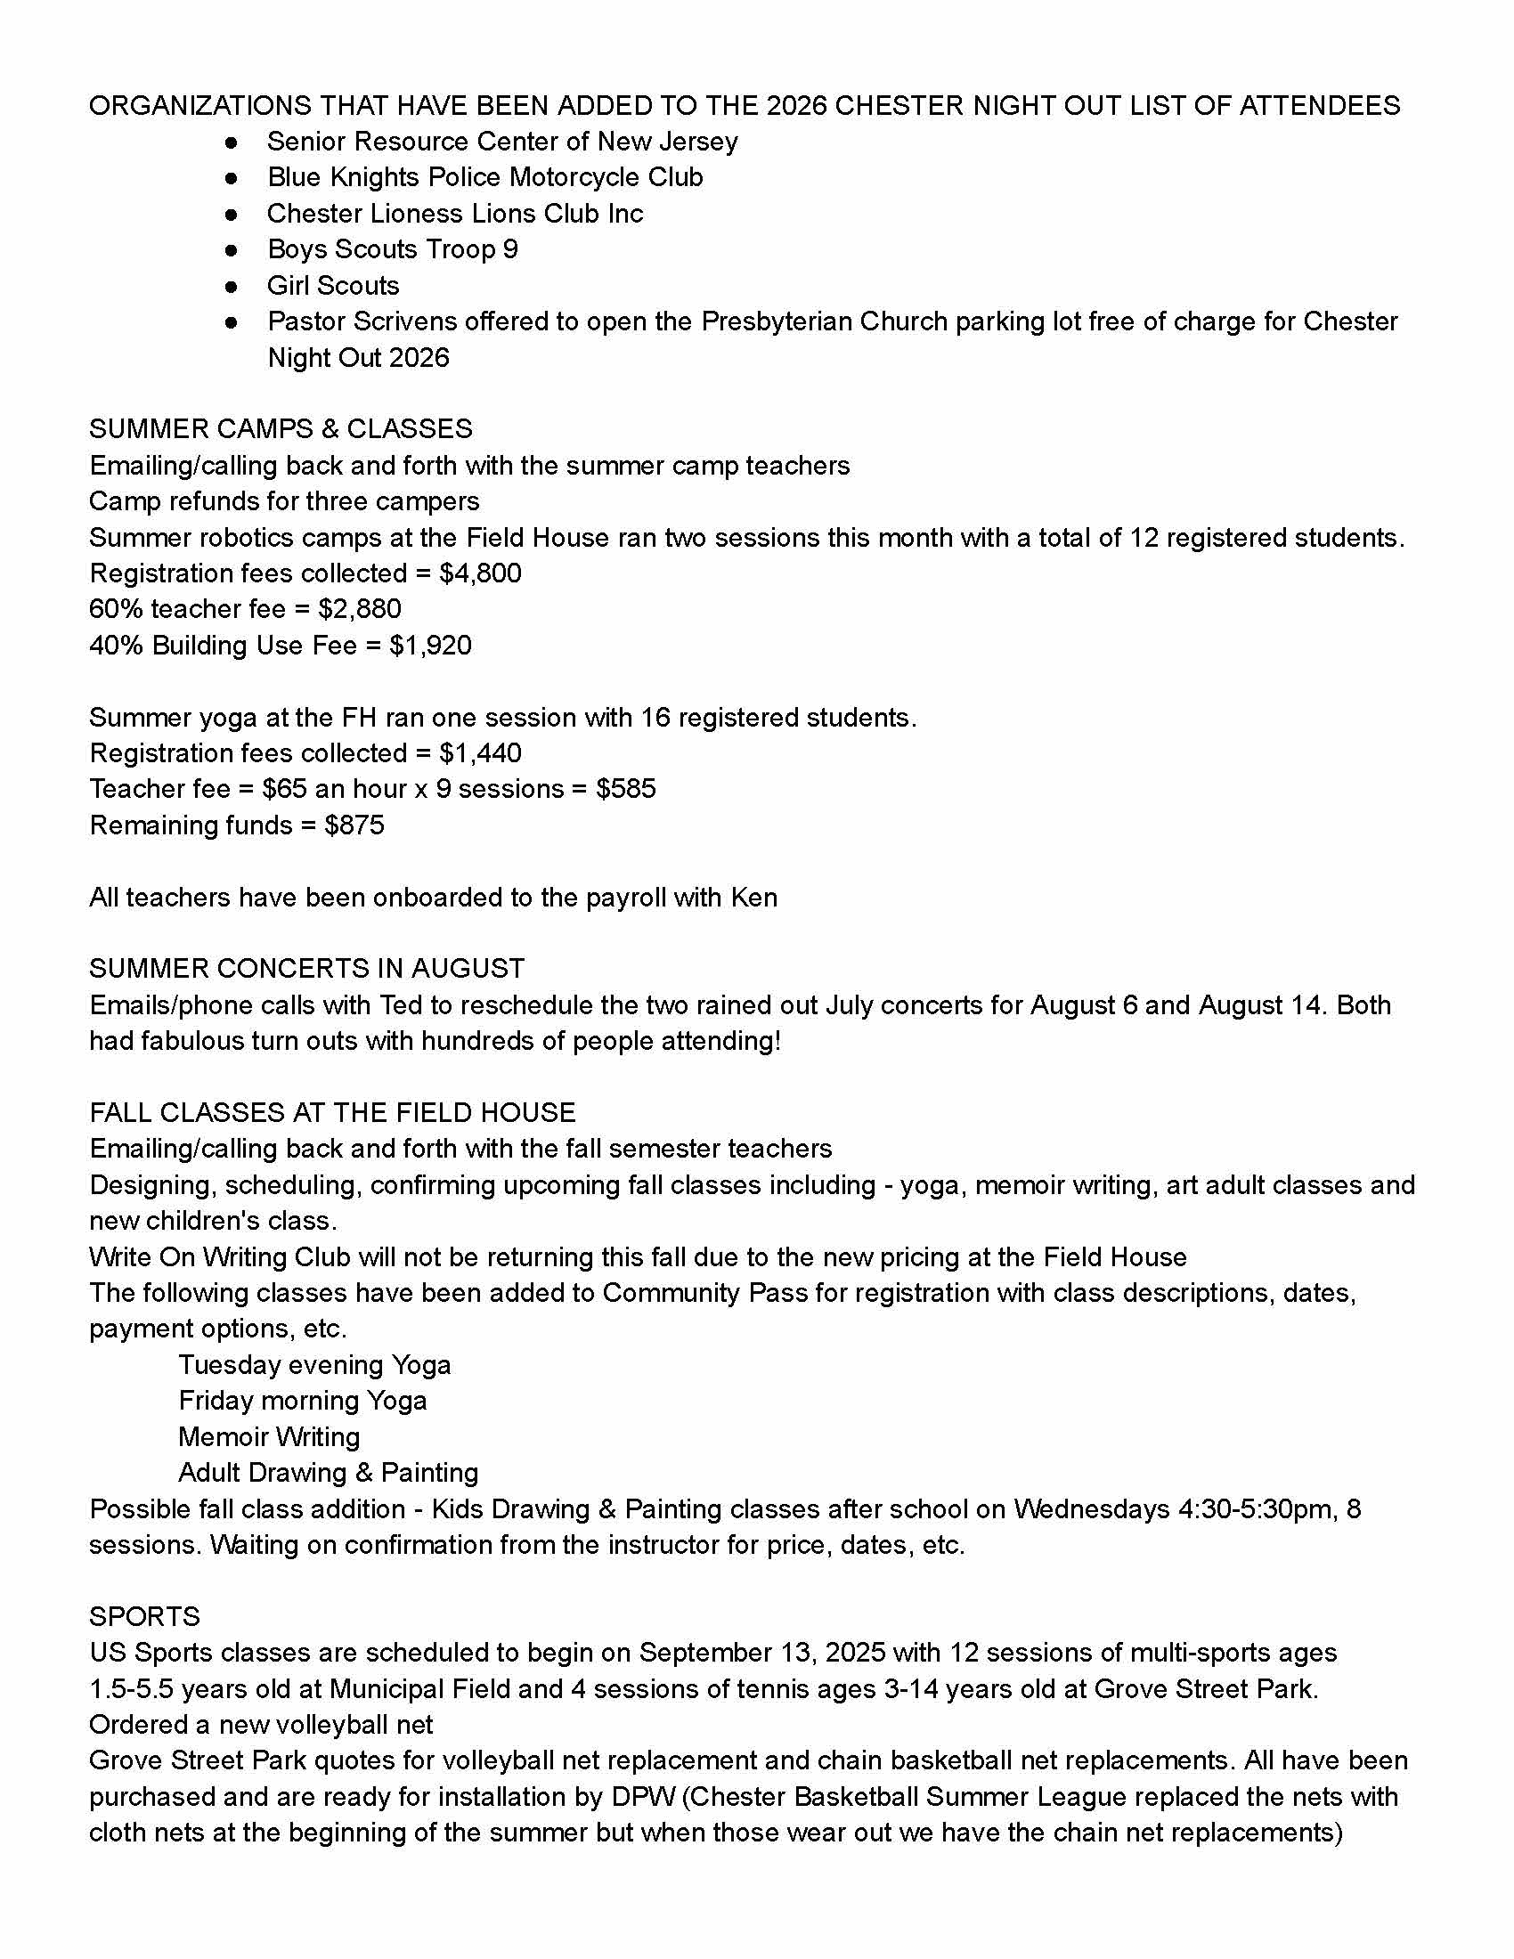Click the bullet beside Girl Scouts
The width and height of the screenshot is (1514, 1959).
tap(232, 286)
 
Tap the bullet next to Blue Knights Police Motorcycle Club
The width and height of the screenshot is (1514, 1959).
tap(232, 177)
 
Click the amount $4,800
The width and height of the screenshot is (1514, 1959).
tap(480, 573)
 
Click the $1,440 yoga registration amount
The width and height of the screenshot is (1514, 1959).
tap(480, 752)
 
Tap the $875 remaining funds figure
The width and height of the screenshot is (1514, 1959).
tap(354, 825)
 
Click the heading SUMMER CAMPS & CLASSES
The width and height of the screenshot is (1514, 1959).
tap(281, 429)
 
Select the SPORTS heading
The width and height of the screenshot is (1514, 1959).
tap(144, 1616)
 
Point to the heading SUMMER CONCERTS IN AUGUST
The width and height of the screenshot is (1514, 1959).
tap(306, 969)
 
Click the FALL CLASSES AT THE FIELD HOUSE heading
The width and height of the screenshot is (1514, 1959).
tap(332, 1112)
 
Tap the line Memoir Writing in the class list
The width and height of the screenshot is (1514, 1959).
tap(269, 1436)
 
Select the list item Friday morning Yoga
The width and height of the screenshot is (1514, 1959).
tap(302, 1400)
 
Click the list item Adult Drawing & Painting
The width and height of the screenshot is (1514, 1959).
tap(329, 1472)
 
